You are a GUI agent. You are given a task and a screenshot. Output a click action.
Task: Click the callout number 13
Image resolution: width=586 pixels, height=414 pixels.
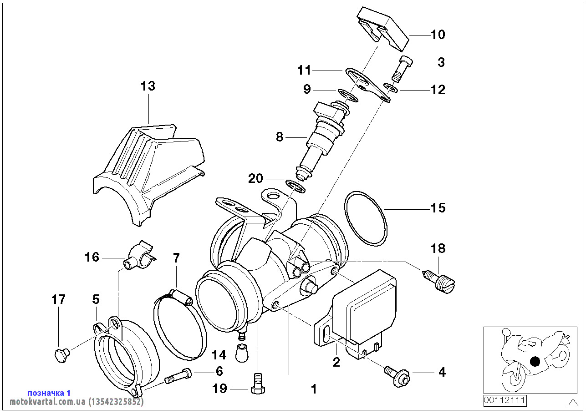148,86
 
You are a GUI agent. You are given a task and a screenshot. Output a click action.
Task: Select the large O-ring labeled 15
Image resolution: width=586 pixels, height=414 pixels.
366,219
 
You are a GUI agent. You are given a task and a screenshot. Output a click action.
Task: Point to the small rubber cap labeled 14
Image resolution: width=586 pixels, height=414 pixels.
243,353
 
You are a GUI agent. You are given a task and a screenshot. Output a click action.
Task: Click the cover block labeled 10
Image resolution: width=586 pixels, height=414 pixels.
382,28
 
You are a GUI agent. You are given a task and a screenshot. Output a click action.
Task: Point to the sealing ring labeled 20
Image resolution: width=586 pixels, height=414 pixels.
296,185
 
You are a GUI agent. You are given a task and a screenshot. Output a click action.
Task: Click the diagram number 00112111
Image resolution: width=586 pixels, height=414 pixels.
505,401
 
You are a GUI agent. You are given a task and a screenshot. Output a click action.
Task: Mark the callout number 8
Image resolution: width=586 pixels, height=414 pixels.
279,136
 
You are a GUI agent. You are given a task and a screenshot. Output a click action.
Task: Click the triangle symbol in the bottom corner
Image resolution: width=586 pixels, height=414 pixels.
573,402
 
